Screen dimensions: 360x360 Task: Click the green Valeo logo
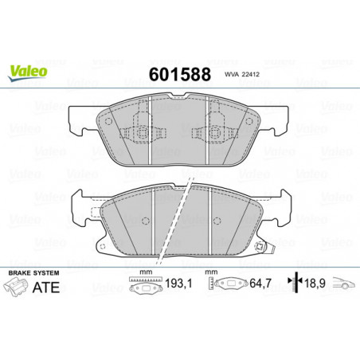28,72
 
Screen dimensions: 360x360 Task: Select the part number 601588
180,74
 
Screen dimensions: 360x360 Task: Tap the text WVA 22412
242,74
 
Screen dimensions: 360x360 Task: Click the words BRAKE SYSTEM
33,273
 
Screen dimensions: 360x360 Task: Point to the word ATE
45,288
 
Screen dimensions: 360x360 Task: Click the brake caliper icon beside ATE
16,287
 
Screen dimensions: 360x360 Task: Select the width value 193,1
178,284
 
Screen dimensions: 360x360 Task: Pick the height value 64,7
260,284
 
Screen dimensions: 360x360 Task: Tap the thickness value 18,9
315,284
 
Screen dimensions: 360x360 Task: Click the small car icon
343,283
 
